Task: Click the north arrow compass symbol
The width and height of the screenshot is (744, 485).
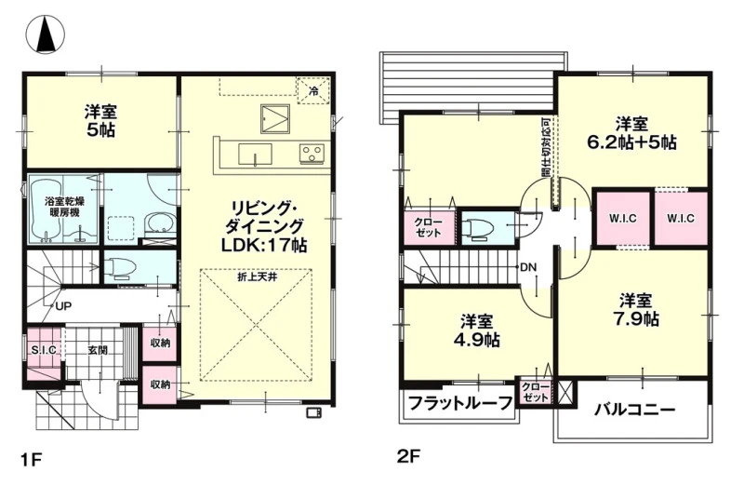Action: pyautogui.click(x=46, y=34)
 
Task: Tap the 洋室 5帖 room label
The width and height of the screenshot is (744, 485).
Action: pyautogui.click(x=100, y=121)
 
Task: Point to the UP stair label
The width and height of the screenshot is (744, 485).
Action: pyautogui.click(x=63, y=306)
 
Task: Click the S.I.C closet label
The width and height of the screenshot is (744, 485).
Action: pyautogui.click(x=44, y=351)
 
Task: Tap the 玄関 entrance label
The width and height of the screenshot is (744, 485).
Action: pyautogui.click(x=98, y=351)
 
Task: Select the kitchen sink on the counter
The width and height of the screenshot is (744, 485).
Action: pyautogui.click(x=255, y=154)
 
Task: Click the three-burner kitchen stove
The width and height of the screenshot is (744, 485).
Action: pyautogui.click(x=312, y=152)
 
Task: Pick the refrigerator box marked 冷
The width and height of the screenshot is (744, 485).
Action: pyautogui.click(x=313, y=90)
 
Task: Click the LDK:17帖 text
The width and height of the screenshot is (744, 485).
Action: pyautogui.click(x=264, y=245)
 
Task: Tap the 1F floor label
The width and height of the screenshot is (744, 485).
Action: pyautogui.click(x=32, y=460)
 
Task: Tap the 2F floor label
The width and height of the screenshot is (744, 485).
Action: pyautogui.click(x=408, y=456)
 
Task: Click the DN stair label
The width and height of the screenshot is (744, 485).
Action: pyautogui.click(x=528, y=267)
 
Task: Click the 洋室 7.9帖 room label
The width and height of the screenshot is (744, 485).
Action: pyautogui.click(x=636, y=310)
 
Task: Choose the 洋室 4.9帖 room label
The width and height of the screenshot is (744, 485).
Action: pyautogui.click(x=476, y=330)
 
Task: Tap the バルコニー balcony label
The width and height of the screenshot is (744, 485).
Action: pyautogui.click(x=635, y=410)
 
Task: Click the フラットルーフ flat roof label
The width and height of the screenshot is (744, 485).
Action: pyautogui.click(x=460, y=404)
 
